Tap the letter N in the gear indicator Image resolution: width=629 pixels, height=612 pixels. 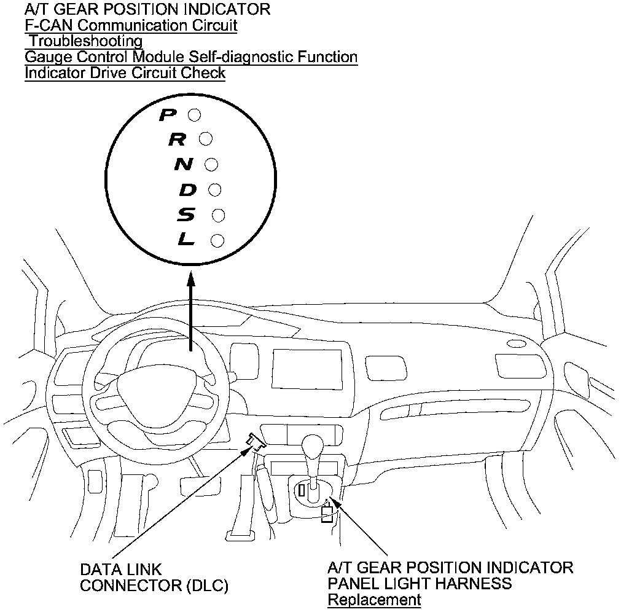click(184, 165)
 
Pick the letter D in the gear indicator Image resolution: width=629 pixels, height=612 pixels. click(188, 190)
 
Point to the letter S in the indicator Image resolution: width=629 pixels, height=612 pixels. click(187, 215)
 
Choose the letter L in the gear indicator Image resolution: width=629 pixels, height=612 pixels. click(186, 240)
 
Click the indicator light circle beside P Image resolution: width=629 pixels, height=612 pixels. click(194, 115)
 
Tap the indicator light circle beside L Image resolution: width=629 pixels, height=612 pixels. click(217, 240)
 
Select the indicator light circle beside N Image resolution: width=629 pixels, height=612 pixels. click(211, 165)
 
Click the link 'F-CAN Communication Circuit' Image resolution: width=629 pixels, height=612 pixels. click(131, 26)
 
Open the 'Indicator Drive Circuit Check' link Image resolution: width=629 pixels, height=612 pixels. click(125, 73)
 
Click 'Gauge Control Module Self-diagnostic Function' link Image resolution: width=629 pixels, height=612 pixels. click(190, 57)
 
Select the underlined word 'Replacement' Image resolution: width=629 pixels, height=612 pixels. click(374, 600)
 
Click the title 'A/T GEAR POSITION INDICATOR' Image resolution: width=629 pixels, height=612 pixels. click(147, 10)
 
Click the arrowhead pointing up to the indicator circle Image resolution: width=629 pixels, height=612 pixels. click(191, 279)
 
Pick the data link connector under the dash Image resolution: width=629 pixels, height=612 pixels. click(256, 441)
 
